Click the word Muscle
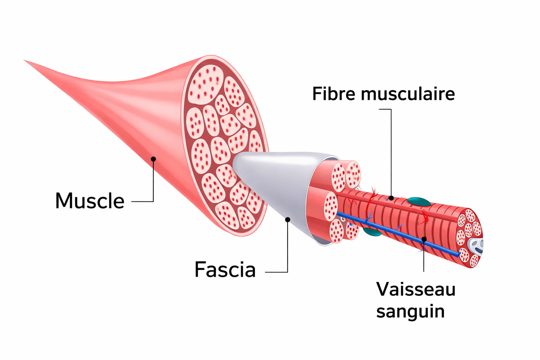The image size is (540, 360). pyautogui.click(x=90, y=201)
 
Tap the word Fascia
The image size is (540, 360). pyautogui.click(x=225, y=270)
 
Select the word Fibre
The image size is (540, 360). pyautogui.click(x=334, y=94)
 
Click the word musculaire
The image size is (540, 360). pyautogui.click(x=408, y=94)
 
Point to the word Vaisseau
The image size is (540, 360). pyautogui.click(x=416, y=289)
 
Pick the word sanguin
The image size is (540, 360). pyautogui.click(x=410, y=311)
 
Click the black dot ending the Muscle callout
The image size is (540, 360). pyautogui.click(x=153, y=159)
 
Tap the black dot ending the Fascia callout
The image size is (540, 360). pyautogui.click(x=288, y=220)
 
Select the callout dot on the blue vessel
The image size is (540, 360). pyautogui.click(x=424, y=239)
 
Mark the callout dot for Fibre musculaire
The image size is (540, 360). pyautogui.click(x=391, y=198)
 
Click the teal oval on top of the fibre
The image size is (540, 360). pyautogui.click(x=418, y=202)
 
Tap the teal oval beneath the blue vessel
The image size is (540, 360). pyautogui.click(x=372, y=232)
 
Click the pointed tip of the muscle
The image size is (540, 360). pyautogui.click(x=26, y=61)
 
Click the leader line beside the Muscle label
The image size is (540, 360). pyautogui.click(x=142, y=201)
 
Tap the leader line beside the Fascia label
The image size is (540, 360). pyautogui.click(x=276, y=272)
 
